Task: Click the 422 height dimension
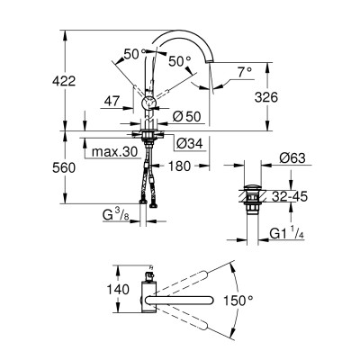pyautogui.click(x=64, y=81)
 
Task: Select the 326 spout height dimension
pyautogui.click(x=266, y=97)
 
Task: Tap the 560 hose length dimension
pyautogui.click(x=64, y=167)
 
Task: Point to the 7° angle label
pyautogui.click(x=245, y=72)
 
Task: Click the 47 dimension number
pyautogui.click(x=112, y=102)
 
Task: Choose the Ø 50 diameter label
pyautogui.click(x=186, y=116)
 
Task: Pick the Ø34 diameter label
pyautogui.click(x=190, y=144)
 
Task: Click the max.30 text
pyautogui.click(x=114, y=152)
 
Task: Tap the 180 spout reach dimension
pyautogui.click(x=179, y=166)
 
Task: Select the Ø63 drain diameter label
pyautogui.click(x=292, y=158)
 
